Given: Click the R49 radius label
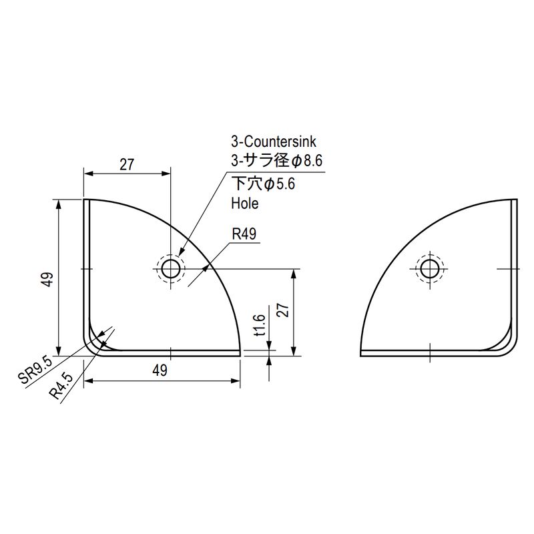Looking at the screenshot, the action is tap(244, 234).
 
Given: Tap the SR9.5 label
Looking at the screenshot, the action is tap(36, 370).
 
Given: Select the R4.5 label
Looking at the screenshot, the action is tap(61, 385).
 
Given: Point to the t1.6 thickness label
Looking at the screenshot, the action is tap(260, 325).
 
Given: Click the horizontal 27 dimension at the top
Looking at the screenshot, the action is tap(127, 165).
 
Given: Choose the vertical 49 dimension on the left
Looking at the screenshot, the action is tap(48, 279).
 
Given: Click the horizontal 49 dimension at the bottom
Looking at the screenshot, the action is tap(160, 370).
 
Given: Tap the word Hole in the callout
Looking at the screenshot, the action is tap(245, 204).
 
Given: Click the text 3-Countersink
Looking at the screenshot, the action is tap(274, 142).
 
